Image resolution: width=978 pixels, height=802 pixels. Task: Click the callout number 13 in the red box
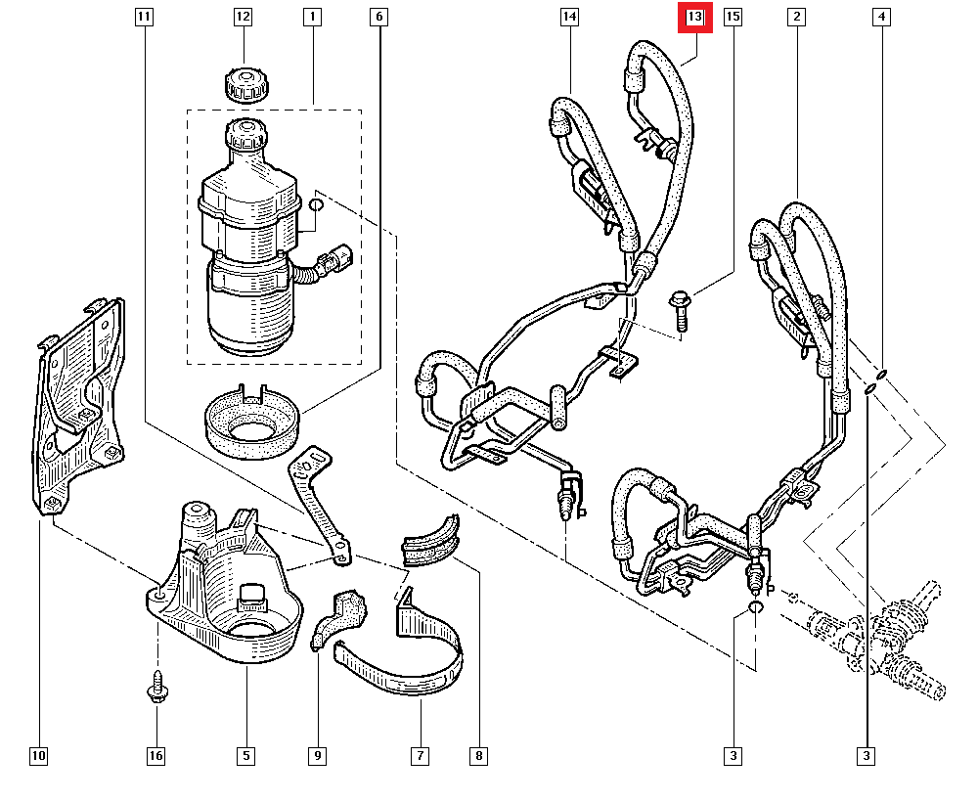click(x=694, y=18)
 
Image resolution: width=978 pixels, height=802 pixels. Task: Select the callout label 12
click(x=243, y=18)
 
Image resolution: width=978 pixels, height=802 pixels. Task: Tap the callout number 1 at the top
click(x=313, y=18)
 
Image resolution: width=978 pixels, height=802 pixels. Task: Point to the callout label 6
click(x=379, y=18)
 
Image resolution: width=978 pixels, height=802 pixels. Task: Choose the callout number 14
click(x=570, y=18)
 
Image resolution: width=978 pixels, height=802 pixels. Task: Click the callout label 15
click(x=733, y=18)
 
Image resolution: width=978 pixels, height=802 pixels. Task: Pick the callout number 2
click(x=798, y=18)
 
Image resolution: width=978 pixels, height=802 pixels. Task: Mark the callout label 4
click(x=882, y=18)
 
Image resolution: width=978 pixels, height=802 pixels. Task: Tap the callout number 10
click(x=38, y=756)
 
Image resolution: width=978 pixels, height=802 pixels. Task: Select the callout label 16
click(x=156, y=756)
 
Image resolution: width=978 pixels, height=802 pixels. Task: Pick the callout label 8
click(x=477, y=756)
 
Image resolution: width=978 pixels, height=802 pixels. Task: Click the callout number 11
click(x=144, y=18)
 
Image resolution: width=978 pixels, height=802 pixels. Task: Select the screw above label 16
click(x=156, y=689)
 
